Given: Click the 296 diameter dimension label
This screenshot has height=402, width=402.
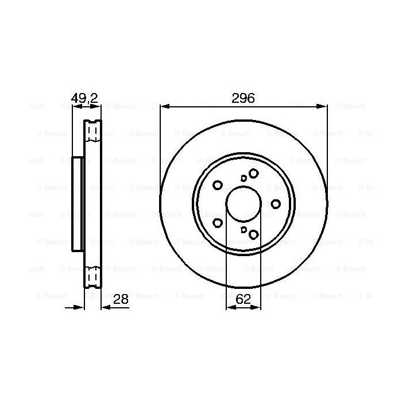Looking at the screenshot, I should point(243,98).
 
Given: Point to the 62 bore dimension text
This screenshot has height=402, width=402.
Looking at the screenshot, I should point(243,299).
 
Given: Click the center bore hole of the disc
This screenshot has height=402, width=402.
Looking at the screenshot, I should point(243,203).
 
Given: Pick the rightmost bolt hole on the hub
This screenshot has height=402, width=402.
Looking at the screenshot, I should point(276,203).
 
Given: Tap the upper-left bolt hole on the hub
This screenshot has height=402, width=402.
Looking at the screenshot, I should point(218,185).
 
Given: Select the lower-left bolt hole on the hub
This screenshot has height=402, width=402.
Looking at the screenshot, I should point(218,222).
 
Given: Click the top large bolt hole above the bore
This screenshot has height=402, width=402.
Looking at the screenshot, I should point(253,173).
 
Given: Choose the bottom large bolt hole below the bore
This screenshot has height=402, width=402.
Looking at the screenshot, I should point(253,234).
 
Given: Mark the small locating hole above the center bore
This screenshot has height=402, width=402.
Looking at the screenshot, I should point(243,178).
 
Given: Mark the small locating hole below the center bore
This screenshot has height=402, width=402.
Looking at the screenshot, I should point(243,229).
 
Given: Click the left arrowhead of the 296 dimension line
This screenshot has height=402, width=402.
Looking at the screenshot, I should point(164,106).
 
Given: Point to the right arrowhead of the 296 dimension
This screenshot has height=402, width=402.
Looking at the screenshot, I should point(323,106).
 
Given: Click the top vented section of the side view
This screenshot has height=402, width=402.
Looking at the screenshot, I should point(92,132).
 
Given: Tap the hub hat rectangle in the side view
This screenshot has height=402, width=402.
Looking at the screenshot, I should point(79,203).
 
